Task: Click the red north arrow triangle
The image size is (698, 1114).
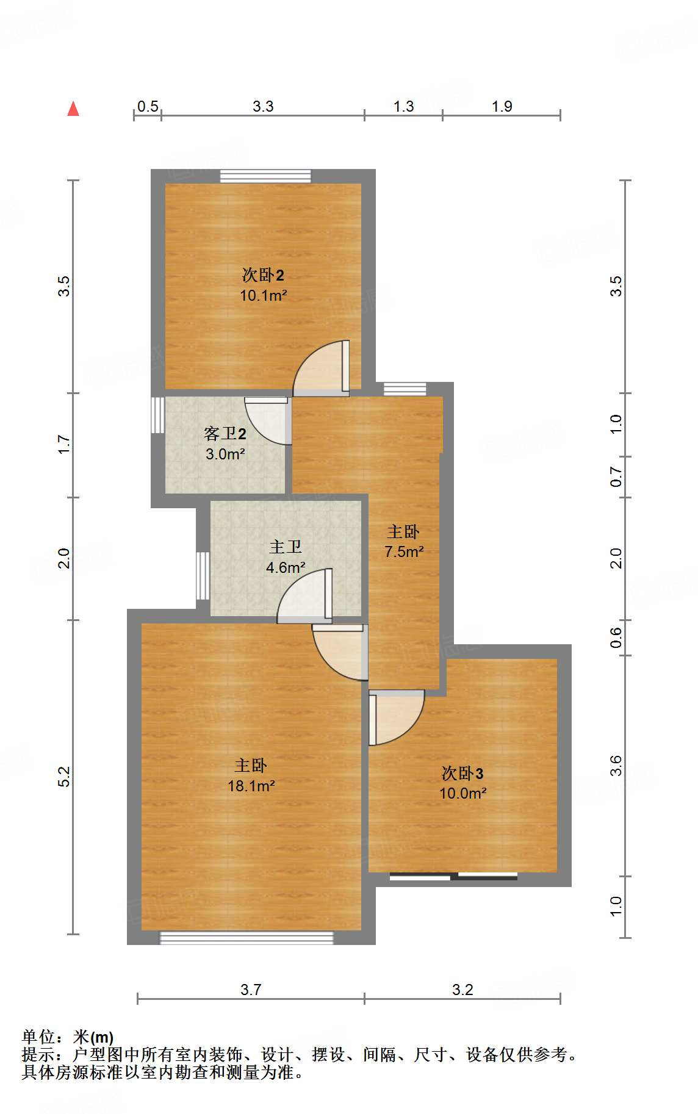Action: click(73, 109)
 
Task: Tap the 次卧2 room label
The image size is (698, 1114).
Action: click(263, 275)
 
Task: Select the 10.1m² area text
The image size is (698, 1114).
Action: click(263, 296)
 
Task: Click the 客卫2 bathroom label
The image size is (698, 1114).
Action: click(225, 434)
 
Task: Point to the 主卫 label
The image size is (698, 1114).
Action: click(286, 547)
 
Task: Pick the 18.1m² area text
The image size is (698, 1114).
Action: click(251, 786)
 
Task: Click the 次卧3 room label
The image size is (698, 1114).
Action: click(462, 774)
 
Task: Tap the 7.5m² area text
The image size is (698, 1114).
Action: click(403, 552)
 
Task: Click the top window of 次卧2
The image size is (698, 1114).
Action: click(265, 176)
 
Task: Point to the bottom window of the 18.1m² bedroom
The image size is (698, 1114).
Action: click(246, 938)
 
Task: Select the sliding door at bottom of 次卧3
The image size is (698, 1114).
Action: click(453, 877)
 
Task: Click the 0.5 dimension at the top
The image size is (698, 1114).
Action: click(148, 107)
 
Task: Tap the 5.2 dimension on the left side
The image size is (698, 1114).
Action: click(64, 777)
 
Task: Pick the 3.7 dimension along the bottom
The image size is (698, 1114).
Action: click(251, 990)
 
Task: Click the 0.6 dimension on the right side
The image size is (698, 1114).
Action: click(616, 638)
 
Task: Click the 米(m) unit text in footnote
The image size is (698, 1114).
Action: click(93, 1037)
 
